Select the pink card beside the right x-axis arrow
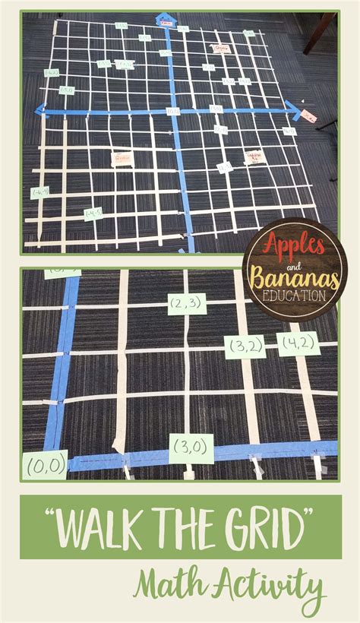[x=309, y=115]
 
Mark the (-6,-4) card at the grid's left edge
[x=39, y=193]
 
